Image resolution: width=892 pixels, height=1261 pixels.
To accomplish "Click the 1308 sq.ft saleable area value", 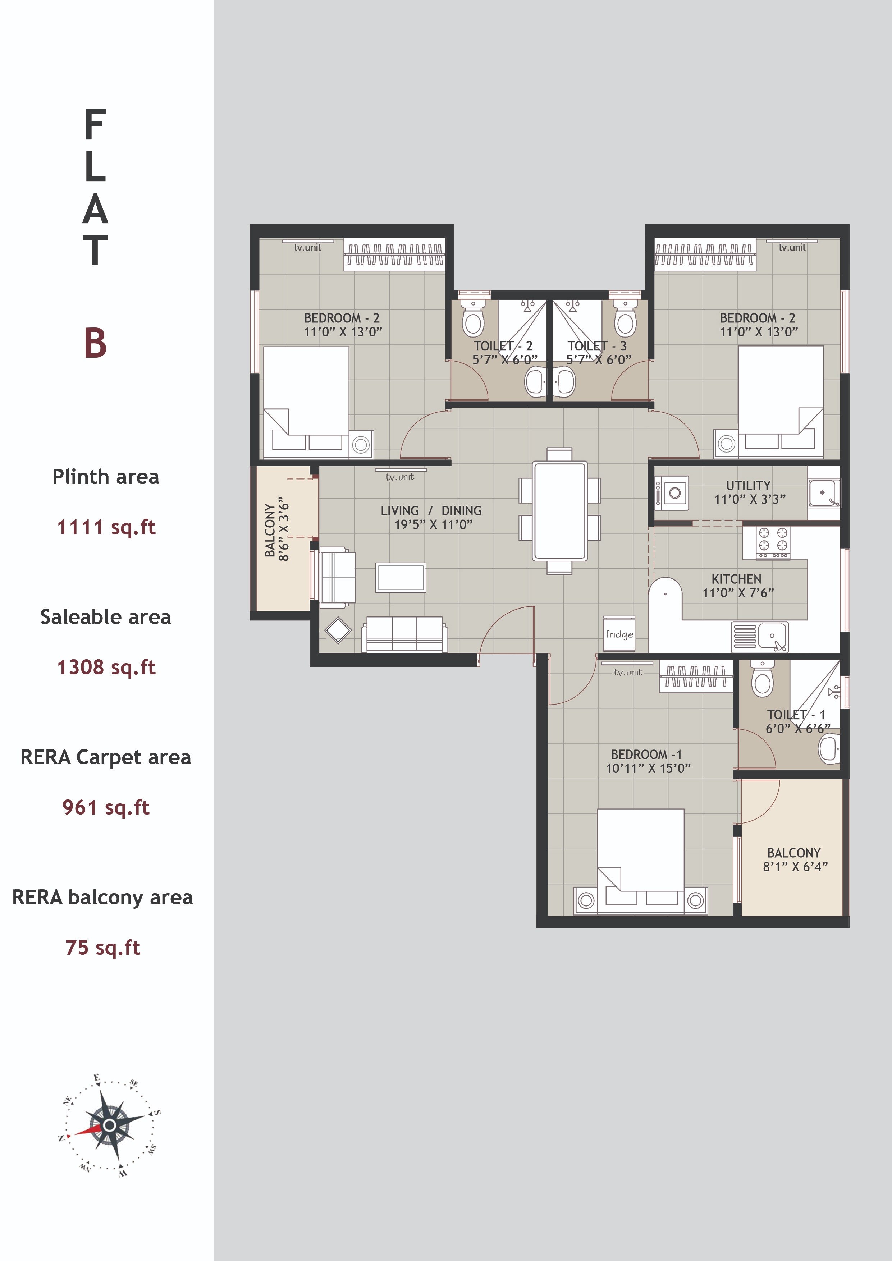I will pyautogui.click(x=106, y=667).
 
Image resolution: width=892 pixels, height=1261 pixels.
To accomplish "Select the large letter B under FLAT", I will pyautogui.click(x=95, y=343).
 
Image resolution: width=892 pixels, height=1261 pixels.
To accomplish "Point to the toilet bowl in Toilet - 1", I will pyautogui.click(x=762, y=682).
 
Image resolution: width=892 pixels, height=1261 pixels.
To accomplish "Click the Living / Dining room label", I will pyautogui.click(x=431, y=511).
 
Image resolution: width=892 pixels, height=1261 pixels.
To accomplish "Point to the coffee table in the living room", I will pyautogui.click(x=401, y=578).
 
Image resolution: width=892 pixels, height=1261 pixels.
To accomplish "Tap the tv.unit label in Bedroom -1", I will pyautogui.click(x=627, y=672).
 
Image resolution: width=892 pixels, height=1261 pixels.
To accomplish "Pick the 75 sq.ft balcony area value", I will pyautogui.click(x=103, y=948).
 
